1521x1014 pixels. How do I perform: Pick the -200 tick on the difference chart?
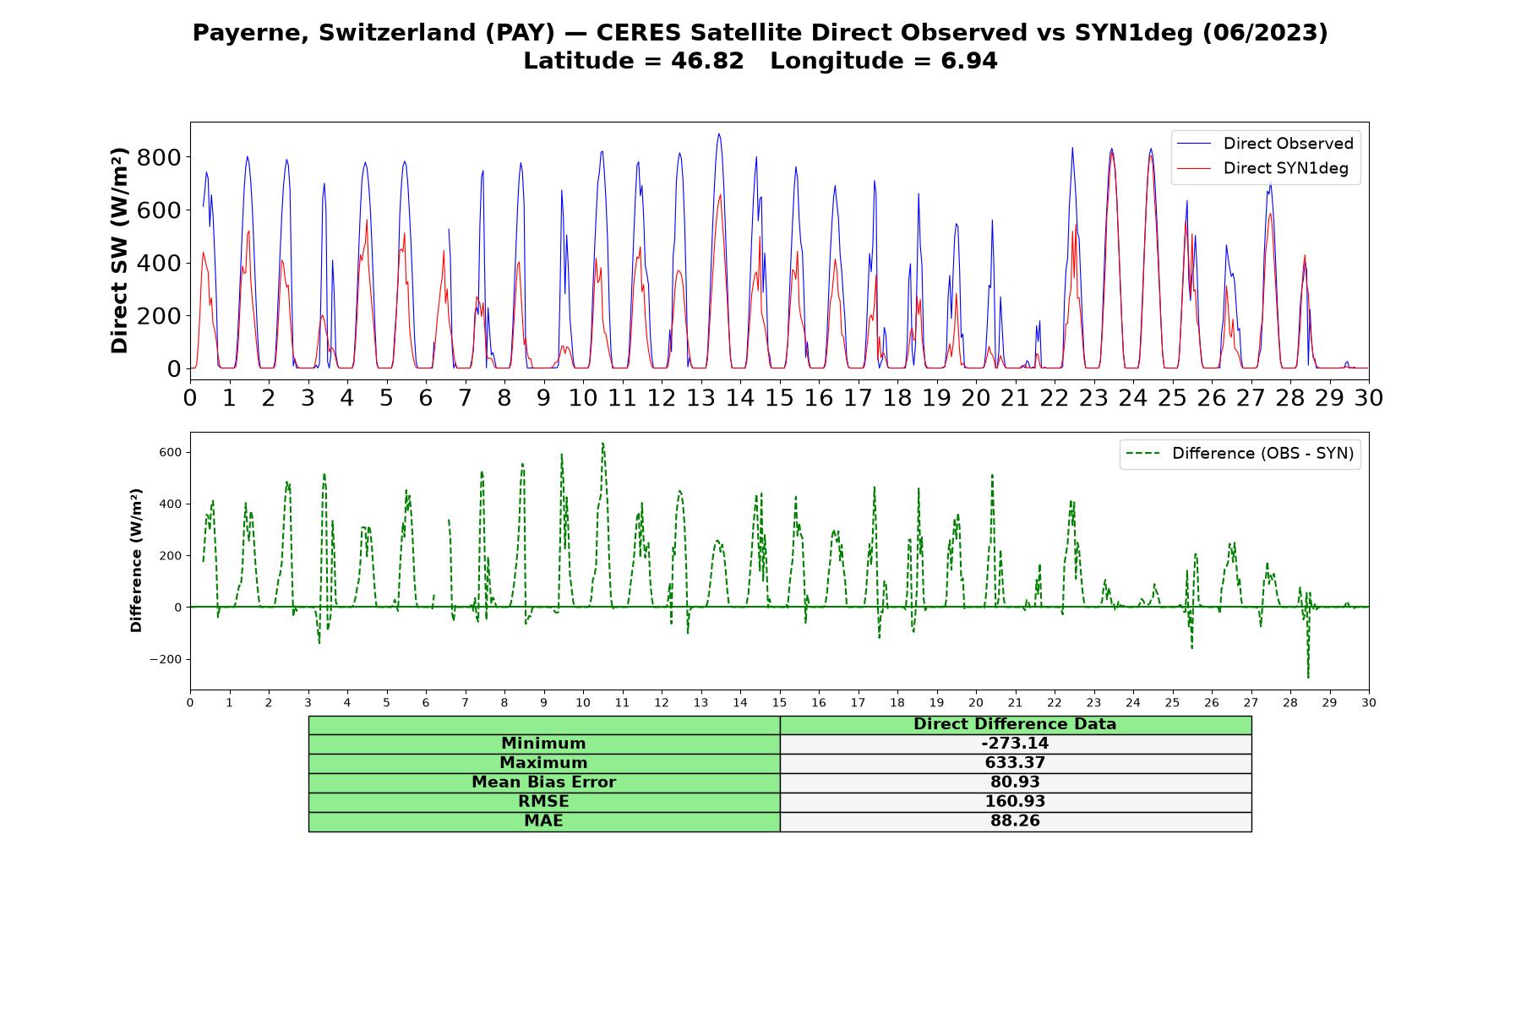[165, 659]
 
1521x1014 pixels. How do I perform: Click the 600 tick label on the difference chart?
[171, 452]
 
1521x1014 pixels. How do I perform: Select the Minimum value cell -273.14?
[1015, 744]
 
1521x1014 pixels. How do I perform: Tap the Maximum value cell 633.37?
[1015, 763]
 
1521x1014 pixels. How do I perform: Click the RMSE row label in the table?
[543, 802]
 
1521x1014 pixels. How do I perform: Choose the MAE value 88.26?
[1015, 821]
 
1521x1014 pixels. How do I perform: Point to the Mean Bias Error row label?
[543, 782]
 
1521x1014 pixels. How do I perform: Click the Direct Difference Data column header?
[1015, 724]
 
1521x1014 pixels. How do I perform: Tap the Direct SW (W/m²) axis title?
[120, 250]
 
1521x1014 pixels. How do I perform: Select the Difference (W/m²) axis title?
[136, 560]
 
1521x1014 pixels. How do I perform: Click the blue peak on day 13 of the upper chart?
[718, 134]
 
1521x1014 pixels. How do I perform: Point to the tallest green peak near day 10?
[602, 444]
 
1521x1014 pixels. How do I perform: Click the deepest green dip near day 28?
[1308, 676]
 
